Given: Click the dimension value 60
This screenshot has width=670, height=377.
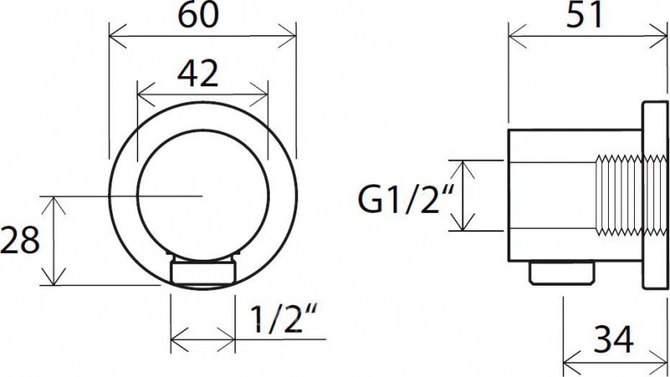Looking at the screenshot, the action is pyautogui.click(x=198, y=16).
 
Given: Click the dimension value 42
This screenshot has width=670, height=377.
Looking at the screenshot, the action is pyautogui.click(x=198, y=73).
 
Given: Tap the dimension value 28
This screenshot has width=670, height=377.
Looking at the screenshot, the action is pyautogui.click(x=19, y=240).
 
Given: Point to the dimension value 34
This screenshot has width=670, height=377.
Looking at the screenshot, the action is pyautogui.click(x=615, y=340).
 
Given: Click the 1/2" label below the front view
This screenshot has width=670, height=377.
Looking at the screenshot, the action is pyautogui.click(x=283, y=318).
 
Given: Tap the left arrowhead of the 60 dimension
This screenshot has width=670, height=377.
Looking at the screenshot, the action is pyautogui.click(x=118, y=36).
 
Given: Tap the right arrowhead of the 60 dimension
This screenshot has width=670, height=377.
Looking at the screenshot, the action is pyautogui.click(x=287, y=36).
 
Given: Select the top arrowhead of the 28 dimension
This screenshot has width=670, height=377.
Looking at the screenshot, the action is pyautogui.click(x=53, y=205).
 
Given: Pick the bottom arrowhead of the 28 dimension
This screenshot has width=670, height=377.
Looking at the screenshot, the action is pyautogui.click(x=53, y=276).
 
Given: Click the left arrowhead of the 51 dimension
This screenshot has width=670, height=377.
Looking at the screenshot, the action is pyautogui.click(x=517, y=36).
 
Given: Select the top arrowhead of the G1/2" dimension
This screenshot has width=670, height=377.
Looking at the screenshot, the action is pyautogui.click(x=463, y=169).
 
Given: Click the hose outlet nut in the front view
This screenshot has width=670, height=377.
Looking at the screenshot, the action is pyautogui.click(x=203, y=271).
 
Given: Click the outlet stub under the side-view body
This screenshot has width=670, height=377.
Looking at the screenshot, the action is pyautogui.click(x=562, y=273).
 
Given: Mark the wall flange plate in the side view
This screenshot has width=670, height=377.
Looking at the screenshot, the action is pyautogui.click(x=654, y=195).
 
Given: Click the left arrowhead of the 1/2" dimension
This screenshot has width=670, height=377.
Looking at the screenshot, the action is pyautogui.click(x=179, y=340).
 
